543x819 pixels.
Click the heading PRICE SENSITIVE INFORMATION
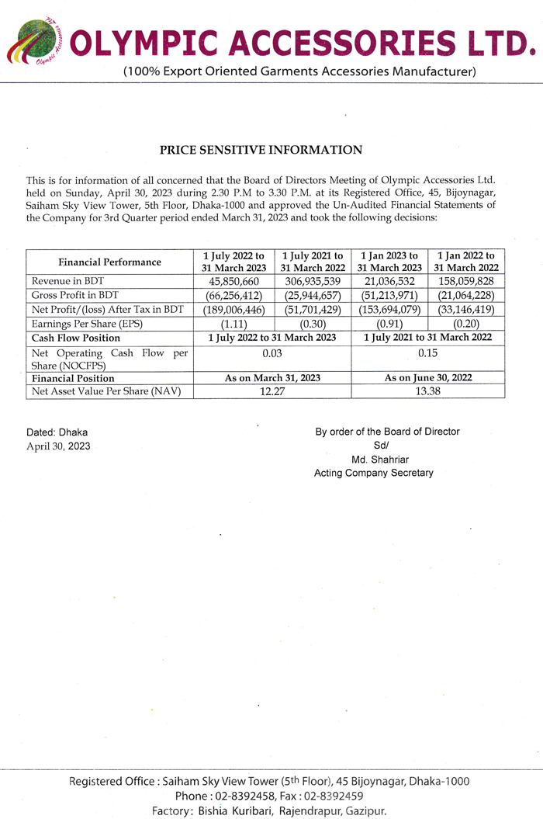click(x=261, y=150)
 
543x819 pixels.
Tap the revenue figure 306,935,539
click(x=313, y=281)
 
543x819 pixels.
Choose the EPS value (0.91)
click(x=389, y=324)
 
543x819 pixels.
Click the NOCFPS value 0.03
click(x=271, y=353)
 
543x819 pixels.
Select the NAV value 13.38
click(x=428, y=391)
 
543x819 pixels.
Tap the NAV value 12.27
click(x=271, y=391)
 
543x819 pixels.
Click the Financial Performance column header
click(x=109, y=262)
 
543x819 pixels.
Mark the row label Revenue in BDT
click(x=68, y=281)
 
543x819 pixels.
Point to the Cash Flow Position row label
click(x=76, y=338)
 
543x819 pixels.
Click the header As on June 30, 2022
click(x=428, y=378)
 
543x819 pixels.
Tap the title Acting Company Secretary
click(x=374, y=473)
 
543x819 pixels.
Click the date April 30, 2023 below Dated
click(x=59, y=446)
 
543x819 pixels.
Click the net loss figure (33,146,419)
click(x=466, y=310)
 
